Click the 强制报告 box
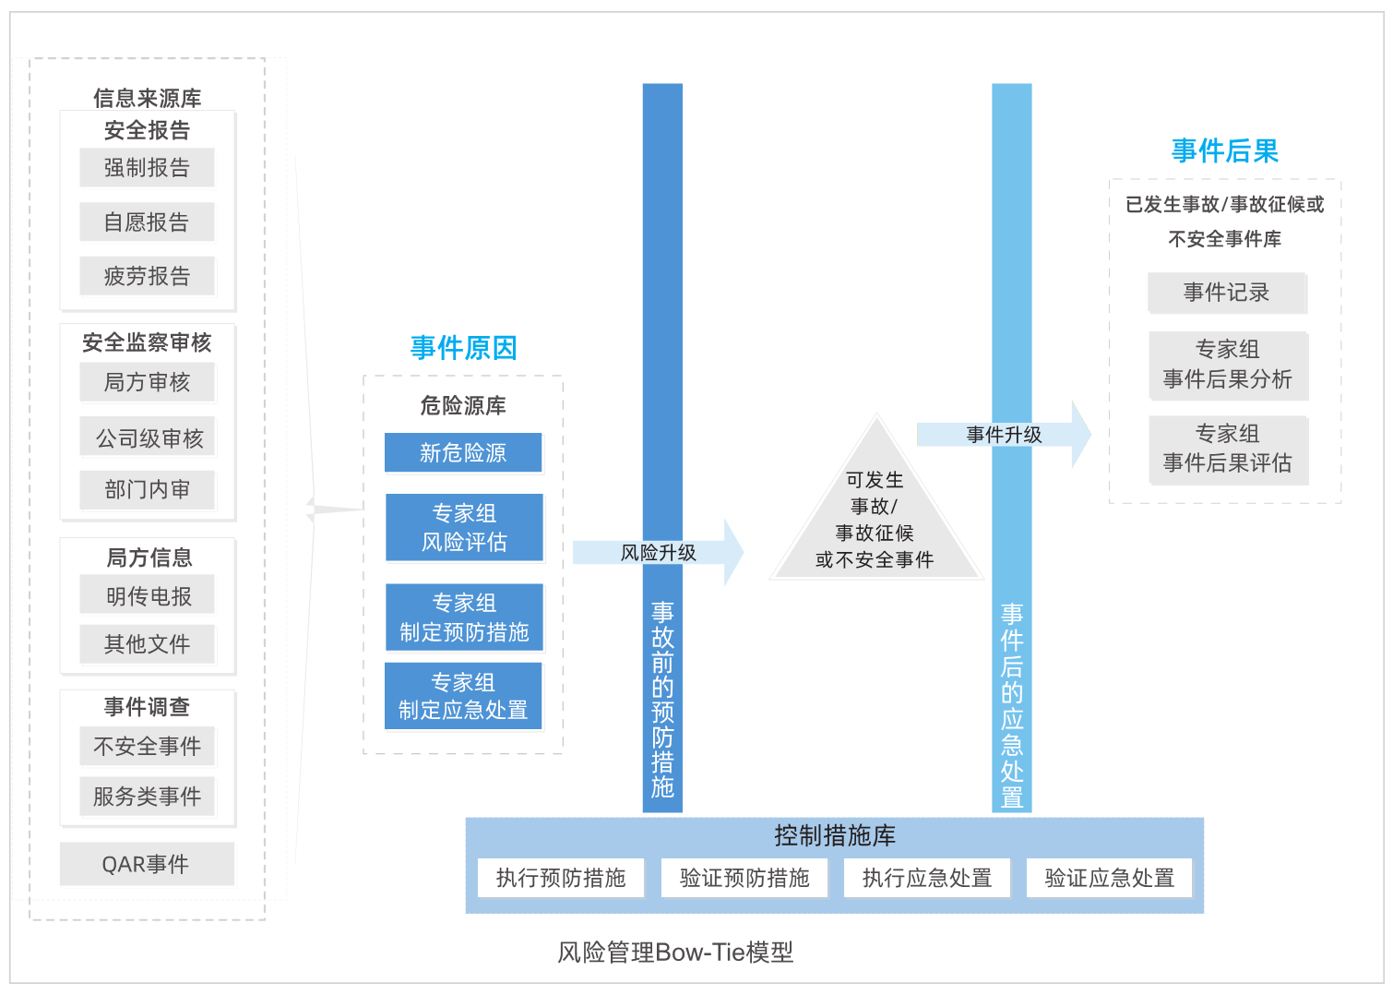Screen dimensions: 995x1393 click(147, 168)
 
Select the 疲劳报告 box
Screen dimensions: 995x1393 click(147, 276)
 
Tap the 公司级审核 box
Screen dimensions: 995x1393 click(149, 438)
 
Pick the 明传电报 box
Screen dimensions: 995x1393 click(148, 596)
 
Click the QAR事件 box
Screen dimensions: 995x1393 click(146, 864)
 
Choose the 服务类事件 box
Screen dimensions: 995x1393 click(147, 796)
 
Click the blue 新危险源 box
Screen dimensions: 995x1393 click(463, 452)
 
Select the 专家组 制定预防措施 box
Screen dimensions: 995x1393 click(464, 617)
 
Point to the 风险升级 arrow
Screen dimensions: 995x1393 click(658, 553)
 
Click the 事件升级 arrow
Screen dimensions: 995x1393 click(1004, 435)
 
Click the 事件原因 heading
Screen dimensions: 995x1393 click(463, 348)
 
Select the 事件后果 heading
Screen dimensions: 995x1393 click(1224, 151)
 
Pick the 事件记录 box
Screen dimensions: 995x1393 click(1226, 293)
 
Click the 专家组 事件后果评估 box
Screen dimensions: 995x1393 click(1228, 450)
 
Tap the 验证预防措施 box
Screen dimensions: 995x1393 click(744, 878)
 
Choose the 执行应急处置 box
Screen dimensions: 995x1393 click(926, 878)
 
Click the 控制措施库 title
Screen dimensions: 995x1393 click(834, 836)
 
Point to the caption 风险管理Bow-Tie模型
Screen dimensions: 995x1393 click(674, 953)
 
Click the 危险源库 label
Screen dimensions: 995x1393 click(463, 405)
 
